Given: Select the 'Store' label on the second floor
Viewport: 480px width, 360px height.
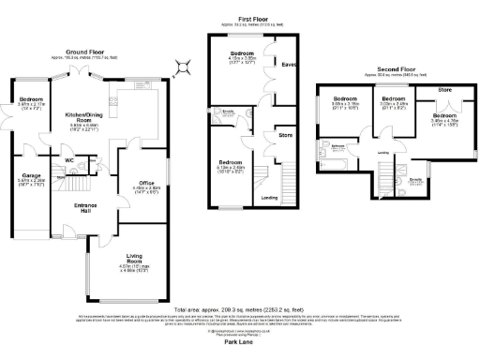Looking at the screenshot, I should click(x=442, y=90).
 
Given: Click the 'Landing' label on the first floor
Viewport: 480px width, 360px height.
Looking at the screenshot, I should click(x=268, y=199).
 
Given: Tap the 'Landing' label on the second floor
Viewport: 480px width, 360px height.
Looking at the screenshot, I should click(x=382, y=153).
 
